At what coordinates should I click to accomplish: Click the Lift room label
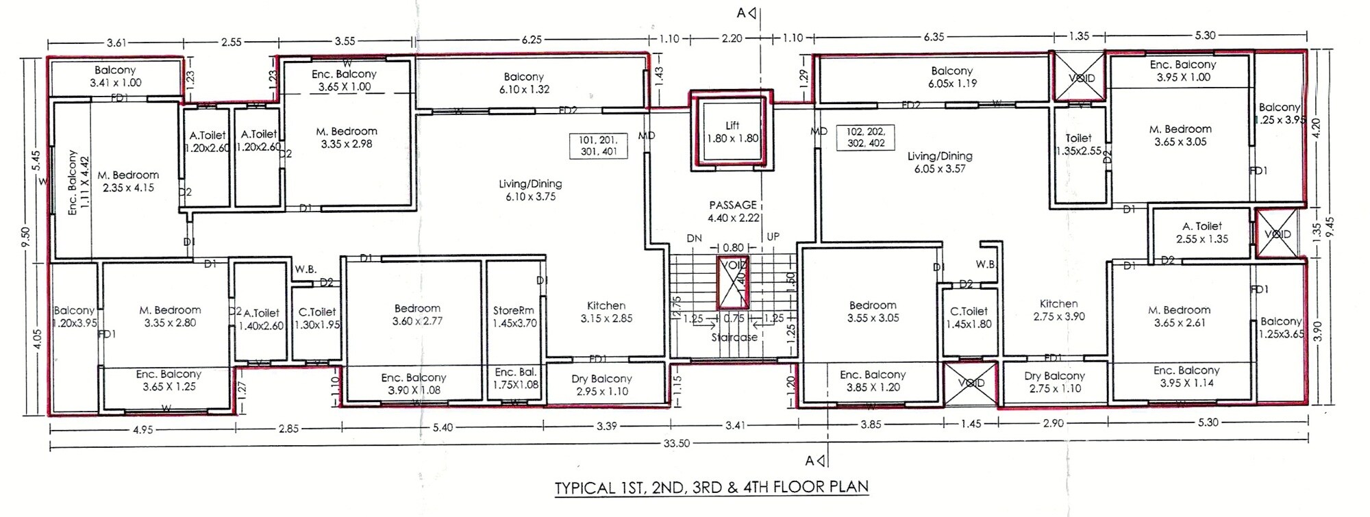pos(732,131)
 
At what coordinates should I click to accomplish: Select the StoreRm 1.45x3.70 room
pos(514,316)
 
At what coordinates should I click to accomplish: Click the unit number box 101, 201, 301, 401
pos(599,146)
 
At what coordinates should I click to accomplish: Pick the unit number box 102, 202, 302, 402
pos(865,138)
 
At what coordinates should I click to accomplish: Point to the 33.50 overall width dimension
pos(676,444)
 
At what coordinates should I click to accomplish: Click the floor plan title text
pos(711,488)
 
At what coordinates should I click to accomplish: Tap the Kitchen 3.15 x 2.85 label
pos(606,312)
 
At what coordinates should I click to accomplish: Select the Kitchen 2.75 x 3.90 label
pos(1058,310)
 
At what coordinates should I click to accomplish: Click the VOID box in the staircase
pos(733,283)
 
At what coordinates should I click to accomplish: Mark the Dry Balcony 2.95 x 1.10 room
pos(601,385)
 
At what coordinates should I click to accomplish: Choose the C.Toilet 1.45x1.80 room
pos(969,317)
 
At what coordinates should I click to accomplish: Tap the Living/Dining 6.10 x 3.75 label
pos(530,190)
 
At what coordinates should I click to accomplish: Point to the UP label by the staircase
pos(773,237)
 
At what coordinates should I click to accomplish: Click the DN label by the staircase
pos(695,238)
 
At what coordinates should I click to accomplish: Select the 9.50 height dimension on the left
pos(25,236)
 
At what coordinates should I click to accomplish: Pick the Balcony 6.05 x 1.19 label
pos(951,77)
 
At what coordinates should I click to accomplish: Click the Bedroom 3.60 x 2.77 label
pos(417,314)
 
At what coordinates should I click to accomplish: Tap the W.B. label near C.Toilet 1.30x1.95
pos(306,269)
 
